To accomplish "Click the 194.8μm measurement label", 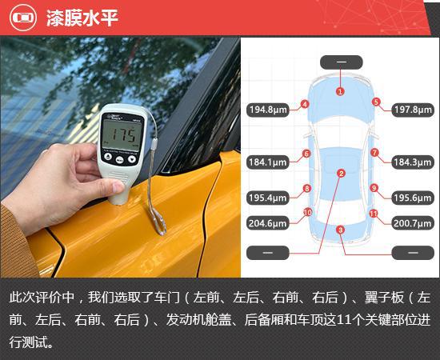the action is click(268, 110).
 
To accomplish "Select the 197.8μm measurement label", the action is click(413, 110).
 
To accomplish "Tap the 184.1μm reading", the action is click(268, 162).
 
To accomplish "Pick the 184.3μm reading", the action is click(413, 162).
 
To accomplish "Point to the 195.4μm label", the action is click(268, 198).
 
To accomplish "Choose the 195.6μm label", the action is click(413, 198).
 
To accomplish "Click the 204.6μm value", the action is click(268, 223).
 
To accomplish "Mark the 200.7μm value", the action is click(413, 223).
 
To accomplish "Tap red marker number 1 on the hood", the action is click(340, 91).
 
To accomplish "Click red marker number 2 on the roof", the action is click(342, 174).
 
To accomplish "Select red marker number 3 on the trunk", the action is click(340, 230).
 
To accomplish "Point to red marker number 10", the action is click(307, 213).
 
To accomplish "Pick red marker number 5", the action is click(376, 102).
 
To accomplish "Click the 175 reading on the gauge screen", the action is click(124, 134).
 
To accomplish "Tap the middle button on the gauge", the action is click(119, 160).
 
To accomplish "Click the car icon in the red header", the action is click(23, 18).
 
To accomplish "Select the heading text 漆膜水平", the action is click(82, 18).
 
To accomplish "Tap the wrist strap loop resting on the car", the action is click(158, 221).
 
